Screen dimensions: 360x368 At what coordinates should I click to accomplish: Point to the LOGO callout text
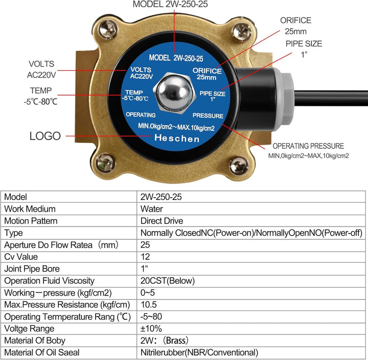pyautogui.click(x=45, y=136)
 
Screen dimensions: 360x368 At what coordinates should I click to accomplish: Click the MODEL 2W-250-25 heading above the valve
pyautogui.click(x=170, y=5)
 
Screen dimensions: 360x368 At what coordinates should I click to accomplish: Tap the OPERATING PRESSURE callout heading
pyautogui.click(x=308, y=146)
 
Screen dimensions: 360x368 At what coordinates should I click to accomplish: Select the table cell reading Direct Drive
pyautogui.click(x=162, y=221)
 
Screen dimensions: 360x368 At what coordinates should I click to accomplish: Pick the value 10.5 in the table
pyautogui.click(x=149, y=304)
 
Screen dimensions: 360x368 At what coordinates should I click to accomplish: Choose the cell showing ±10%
pyautogui.click(x=150, y=328)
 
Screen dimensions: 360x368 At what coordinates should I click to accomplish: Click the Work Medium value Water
pyautogui.click(x=152, y=209)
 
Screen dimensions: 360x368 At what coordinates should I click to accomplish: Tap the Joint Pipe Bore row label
pyautogui.click(x=32, y=268)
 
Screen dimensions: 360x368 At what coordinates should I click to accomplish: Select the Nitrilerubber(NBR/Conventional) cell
pyautogui.click(x=199, y=352)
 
